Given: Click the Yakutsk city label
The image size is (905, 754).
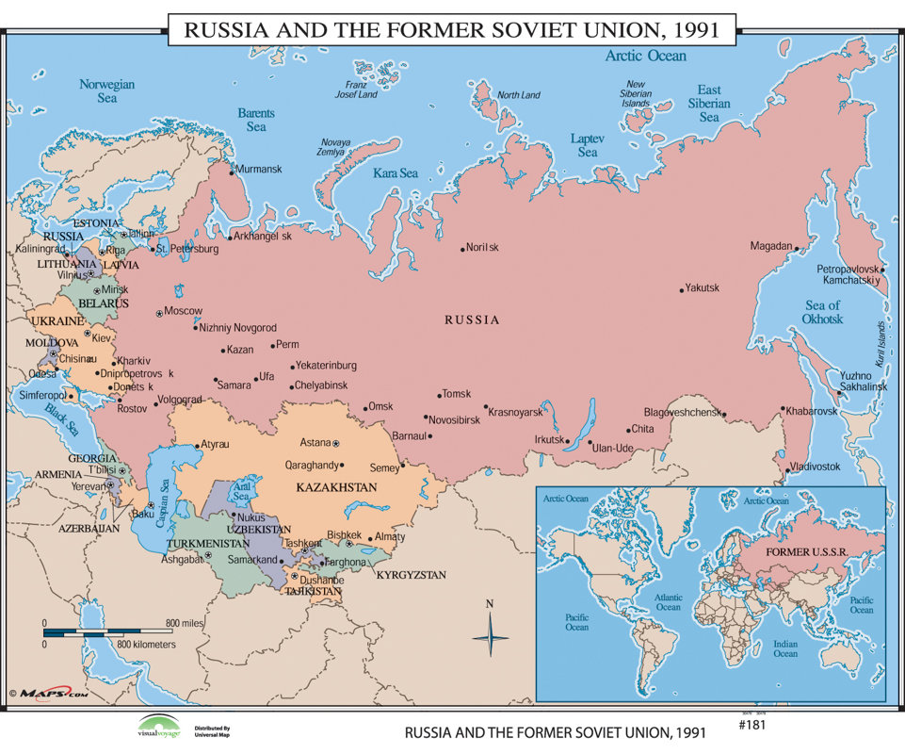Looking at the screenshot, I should point(702,287).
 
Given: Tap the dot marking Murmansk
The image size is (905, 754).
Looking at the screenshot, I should point(232,171).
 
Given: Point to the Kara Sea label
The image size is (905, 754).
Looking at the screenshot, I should point(396,173).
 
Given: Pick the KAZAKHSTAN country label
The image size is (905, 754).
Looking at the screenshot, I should point(336,487).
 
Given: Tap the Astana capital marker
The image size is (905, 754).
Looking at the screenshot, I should point(335,443).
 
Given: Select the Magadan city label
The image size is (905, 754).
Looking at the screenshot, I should point(770,246).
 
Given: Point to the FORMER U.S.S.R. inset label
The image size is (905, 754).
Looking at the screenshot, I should point(808,550).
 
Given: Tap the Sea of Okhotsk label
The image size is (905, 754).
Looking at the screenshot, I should point(822,312).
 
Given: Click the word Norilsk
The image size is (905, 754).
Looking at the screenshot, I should point(482,248).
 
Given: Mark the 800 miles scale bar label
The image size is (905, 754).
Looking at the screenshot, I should point(186,623).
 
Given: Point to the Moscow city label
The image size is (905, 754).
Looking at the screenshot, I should point(184,311).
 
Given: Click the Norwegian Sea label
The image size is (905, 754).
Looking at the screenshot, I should point(106,90).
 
